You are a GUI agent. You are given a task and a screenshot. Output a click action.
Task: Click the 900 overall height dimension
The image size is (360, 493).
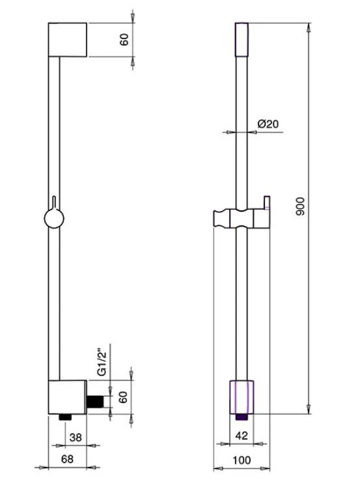tap(301, 206)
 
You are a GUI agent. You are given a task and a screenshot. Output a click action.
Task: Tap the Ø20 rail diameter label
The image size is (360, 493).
tap(268, 124)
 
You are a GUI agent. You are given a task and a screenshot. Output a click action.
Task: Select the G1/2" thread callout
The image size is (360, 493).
tap(102, 363)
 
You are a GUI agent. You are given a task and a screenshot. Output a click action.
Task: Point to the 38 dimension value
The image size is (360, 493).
tap(76, 438)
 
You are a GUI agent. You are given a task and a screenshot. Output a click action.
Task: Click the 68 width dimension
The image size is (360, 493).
tap(67, 459)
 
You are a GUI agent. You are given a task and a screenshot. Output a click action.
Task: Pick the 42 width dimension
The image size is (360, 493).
tap(242, 436)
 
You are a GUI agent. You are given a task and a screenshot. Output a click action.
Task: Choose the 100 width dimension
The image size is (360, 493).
tap(242, 460)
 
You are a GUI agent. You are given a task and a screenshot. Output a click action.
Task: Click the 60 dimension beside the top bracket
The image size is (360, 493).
tap(124, 40)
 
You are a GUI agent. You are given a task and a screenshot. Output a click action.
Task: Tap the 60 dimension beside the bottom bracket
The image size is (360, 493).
tap(123, 397)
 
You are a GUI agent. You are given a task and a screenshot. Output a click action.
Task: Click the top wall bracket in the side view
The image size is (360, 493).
tap(68, 40)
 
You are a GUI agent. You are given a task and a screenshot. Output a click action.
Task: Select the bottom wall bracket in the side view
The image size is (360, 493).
tap(68, 397)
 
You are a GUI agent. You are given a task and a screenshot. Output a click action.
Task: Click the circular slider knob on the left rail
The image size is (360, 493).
tap(54, 219)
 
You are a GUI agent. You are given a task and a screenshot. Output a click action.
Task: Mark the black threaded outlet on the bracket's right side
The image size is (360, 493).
tap(95, 402)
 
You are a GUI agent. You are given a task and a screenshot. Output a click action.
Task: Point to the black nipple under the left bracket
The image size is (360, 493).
tap(66, 417)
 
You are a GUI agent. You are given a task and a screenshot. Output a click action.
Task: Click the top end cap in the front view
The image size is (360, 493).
tap(242, 40)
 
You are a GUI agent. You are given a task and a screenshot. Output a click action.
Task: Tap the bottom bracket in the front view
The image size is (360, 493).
tap(242, 397)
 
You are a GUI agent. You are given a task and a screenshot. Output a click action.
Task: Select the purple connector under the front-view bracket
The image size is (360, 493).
tap(242, 417)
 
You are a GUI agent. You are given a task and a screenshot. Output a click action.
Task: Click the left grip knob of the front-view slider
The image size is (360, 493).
tap(221, 219)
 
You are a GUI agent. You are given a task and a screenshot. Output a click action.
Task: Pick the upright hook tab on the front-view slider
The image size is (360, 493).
tap(267, 203)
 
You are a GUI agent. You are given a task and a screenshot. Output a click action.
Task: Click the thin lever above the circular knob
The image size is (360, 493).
tap(54, 203)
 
